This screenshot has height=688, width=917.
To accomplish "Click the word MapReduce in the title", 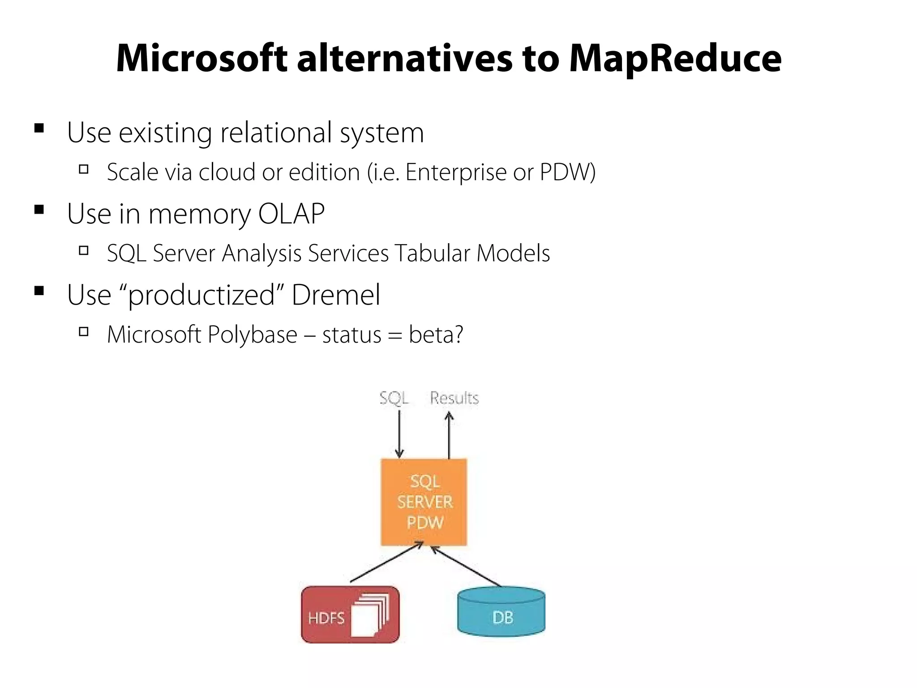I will [x=675, y=59].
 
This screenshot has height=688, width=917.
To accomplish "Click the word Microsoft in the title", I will [x=201, y=58].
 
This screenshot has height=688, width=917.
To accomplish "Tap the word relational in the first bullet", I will [x=276, y=133].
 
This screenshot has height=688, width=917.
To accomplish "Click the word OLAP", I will [x=291, y=214].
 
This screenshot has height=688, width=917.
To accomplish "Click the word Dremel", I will [x=336, y=295].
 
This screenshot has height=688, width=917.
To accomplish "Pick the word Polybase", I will [x=253, y=335].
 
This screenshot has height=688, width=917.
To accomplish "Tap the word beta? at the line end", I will [x=436, y=335].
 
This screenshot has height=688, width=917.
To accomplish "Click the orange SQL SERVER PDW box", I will [x=424, y=502].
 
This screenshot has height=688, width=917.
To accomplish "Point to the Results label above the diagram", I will [x=454, y=398].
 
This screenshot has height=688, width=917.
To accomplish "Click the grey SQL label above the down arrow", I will [x=394, y=398].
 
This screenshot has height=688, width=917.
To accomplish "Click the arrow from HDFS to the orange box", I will [x=386, y=563].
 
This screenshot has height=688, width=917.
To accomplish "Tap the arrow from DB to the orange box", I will [x=466, y=566].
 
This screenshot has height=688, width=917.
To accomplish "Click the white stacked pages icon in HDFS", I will [x=370, y=615].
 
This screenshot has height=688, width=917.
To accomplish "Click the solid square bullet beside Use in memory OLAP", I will [x=39, y=210].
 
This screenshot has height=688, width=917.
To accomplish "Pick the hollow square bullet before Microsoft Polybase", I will [x=83, y=331].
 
